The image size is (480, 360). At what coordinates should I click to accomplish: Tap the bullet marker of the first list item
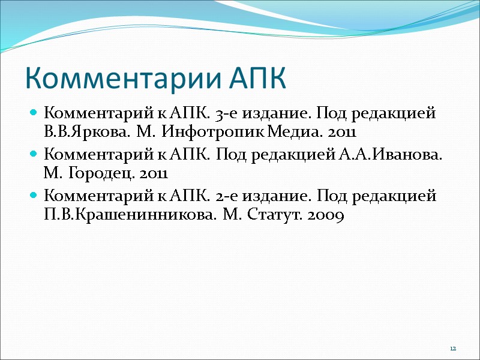[34, 113]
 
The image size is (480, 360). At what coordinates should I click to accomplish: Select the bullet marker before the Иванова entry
[34, 155]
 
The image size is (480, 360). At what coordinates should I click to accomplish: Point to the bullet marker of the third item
[34, 197]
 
